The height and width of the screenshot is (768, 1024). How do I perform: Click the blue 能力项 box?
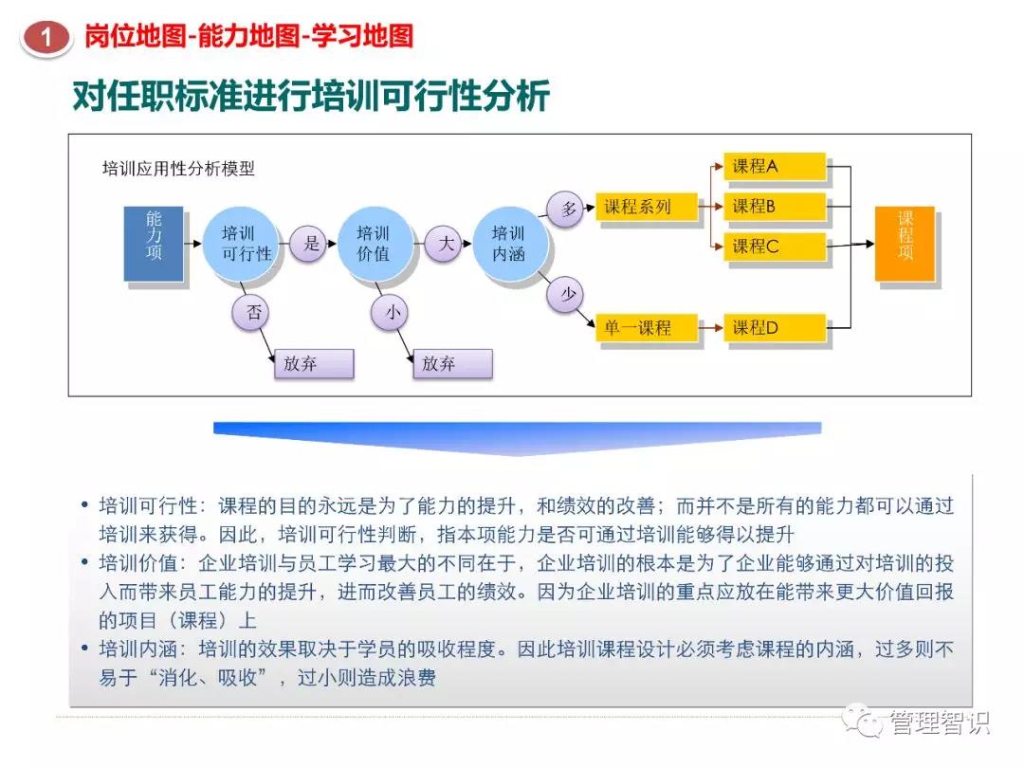(154, 244)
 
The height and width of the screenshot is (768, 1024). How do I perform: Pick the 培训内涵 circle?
(508, 244)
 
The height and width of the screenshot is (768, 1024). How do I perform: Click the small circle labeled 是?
(311, 244)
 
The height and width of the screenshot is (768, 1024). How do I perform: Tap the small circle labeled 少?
(567, 295)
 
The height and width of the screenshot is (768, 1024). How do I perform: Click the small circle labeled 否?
(253, 313)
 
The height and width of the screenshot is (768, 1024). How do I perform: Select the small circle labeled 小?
(390, 313)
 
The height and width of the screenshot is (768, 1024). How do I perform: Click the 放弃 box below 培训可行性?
(313, 364)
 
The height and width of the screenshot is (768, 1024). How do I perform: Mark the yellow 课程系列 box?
(646, 207)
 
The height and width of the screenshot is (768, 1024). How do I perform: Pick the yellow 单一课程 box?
(646, 328)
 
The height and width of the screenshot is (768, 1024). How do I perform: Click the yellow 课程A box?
(774, 167)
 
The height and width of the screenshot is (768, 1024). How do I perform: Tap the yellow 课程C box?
(774, 247)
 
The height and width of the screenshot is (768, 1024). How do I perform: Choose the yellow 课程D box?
(774, 328)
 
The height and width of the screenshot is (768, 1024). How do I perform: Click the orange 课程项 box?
(905, 243)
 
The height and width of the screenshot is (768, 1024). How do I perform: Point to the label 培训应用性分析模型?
(178, 169)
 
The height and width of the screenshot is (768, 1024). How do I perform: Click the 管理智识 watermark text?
(939, 723)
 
